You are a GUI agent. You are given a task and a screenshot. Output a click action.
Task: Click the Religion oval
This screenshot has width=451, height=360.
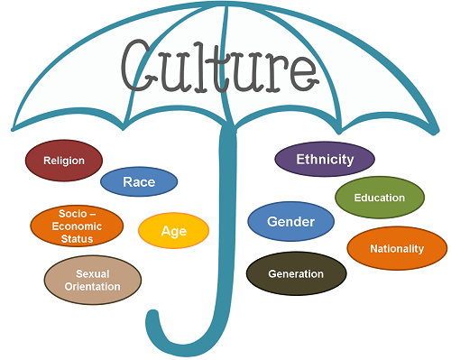(64, 161)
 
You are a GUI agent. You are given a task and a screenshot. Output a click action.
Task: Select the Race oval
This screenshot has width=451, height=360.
(139, 181)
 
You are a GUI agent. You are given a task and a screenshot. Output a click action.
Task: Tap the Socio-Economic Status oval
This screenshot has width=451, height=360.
(77, 226)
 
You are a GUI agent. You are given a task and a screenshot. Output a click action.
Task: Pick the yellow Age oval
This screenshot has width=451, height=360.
(174, 231)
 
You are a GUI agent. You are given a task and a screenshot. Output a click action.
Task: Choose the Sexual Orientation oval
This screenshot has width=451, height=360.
(93, 280)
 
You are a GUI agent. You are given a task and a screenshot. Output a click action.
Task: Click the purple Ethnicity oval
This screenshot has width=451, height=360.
(325, 159)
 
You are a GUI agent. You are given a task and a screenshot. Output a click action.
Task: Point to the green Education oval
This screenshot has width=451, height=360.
(380, 198)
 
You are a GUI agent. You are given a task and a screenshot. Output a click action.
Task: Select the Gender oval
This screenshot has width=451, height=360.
(290, 221)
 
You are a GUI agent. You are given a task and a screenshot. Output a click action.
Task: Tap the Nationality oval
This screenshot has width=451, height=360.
(397, 248)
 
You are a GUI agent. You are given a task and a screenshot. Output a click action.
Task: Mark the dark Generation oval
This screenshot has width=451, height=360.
(296, 273)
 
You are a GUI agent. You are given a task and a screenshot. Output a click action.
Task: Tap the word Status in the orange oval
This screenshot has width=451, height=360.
(77, 239)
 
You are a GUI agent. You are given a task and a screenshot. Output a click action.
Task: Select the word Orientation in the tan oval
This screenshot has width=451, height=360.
(93, 286)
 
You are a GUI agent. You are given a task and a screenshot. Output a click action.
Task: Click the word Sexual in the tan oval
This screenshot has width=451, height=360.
(93, 273)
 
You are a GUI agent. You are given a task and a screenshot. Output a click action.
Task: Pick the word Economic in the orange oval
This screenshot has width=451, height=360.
(77, 226)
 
